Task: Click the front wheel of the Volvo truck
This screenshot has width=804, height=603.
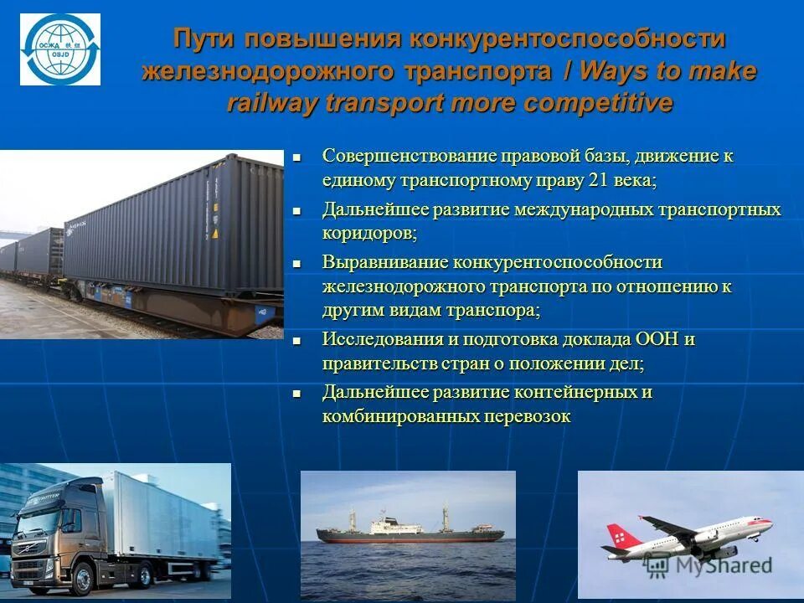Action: [x=83, y=577]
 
